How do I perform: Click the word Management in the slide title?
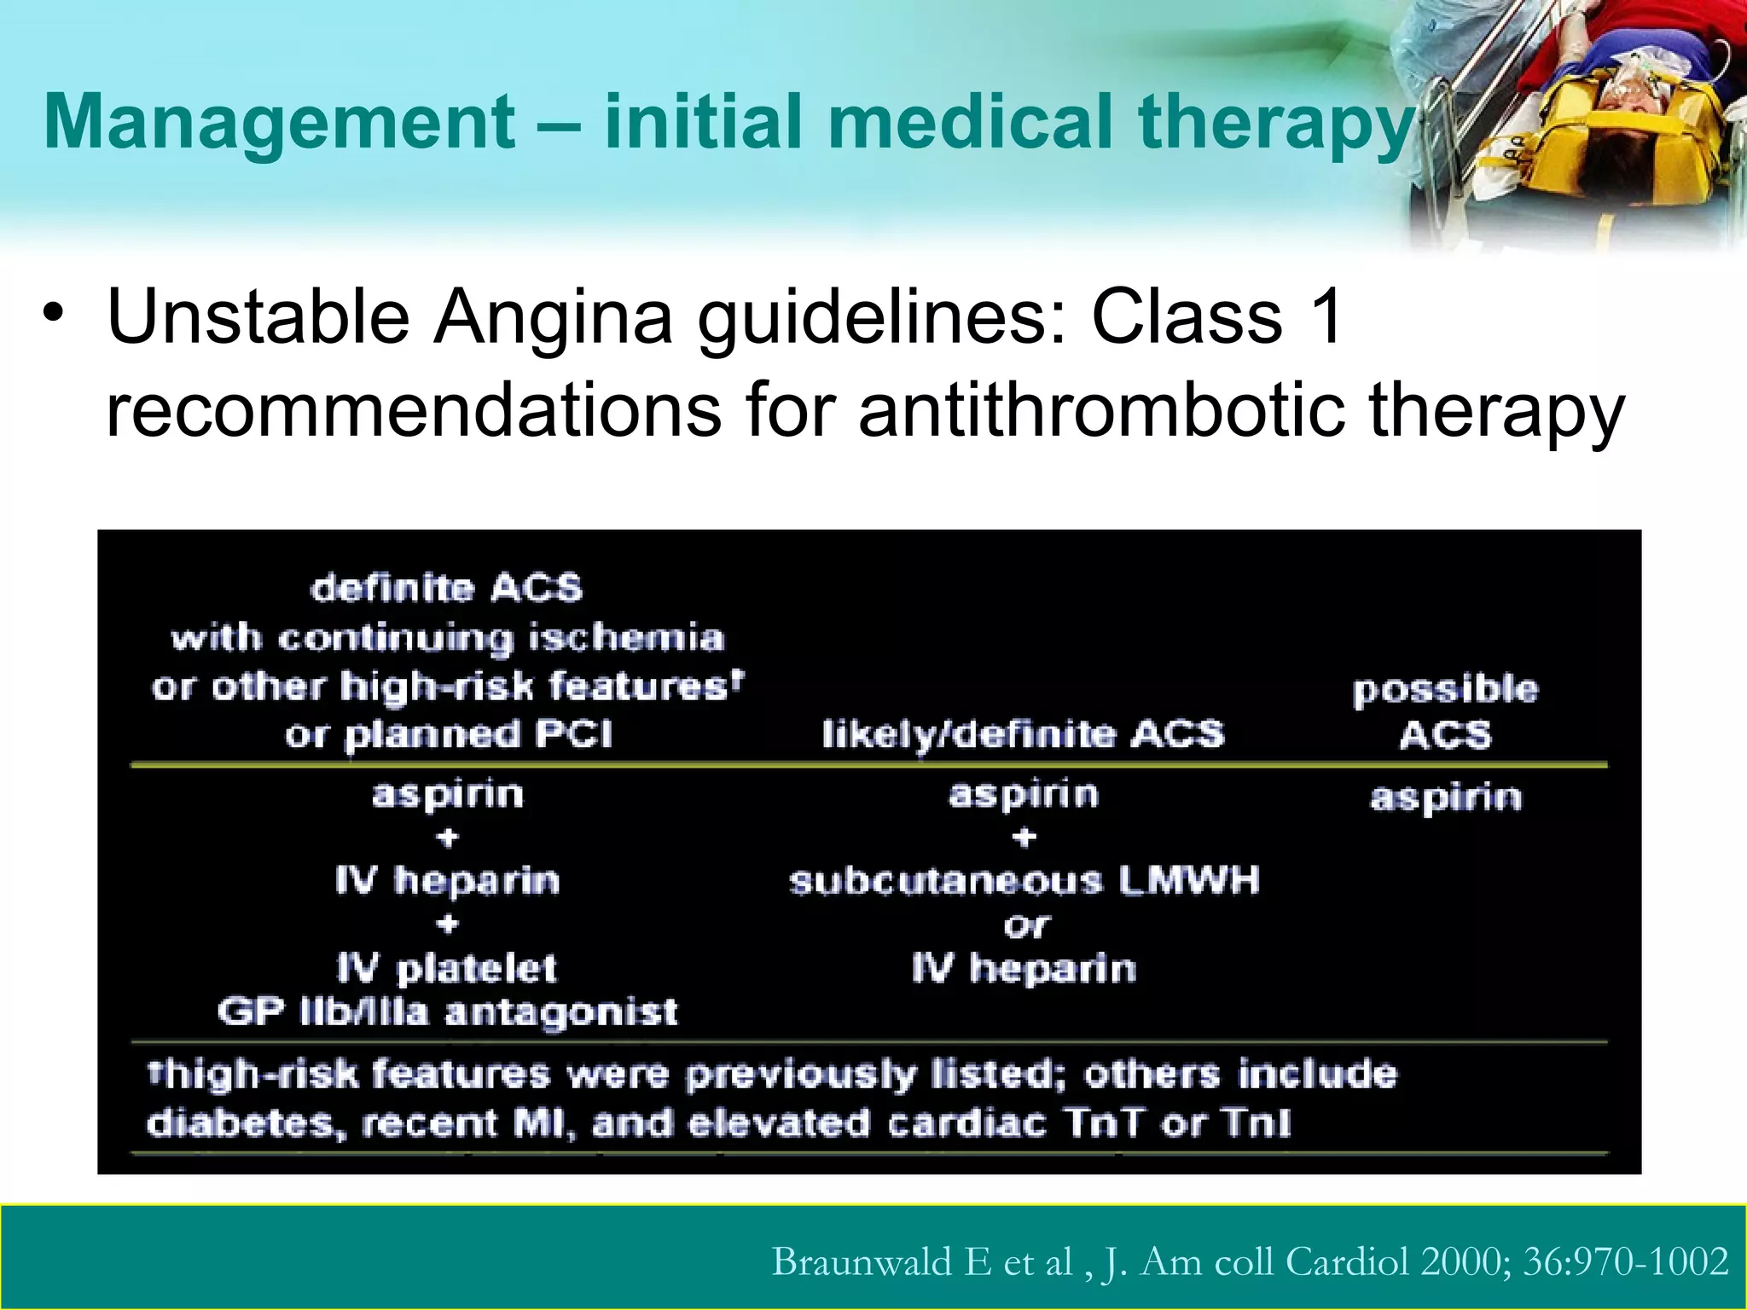(278, 122)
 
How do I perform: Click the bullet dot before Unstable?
(54, 311)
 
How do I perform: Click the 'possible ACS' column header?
(1445, 711)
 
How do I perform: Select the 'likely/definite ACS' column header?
(1022, 734)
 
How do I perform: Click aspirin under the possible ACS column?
(1445, 797)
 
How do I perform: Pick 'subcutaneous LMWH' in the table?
(1024, 881)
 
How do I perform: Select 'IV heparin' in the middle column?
(1024, 969)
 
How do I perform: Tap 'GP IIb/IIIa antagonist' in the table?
(447, 1012)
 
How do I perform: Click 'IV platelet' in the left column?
(447, 969)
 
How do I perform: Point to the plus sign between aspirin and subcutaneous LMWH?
(1024, 838)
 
